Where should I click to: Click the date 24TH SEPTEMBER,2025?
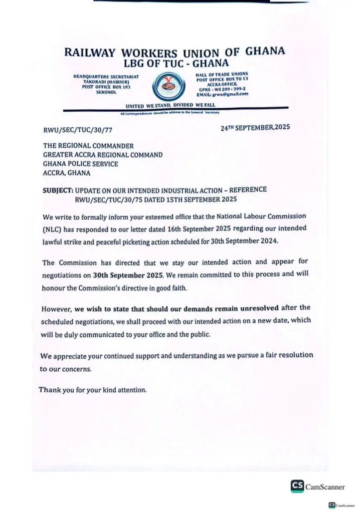coord(255,128)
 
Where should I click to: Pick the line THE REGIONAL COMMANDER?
coord(88,146)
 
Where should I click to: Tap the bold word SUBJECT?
coord(58,191)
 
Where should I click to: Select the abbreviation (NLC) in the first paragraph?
coord(54,229)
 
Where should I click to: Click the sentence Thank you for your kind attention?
coord(93,389)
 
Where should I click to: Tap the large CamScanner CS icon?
coord(297,487)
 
